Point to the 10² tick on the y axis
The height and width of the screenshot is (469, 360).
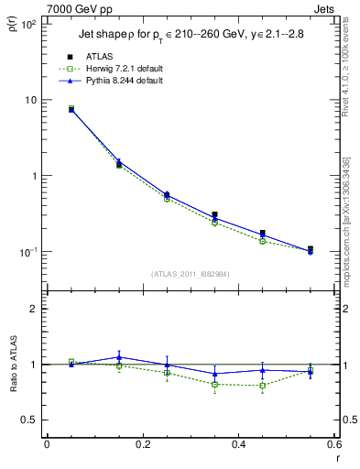(x=27, y=25)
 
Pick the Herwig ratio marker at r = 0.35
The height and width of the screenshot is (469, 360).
(x=214, y=385)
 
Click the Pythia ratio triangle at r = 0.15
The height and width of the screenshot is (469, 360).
(x=118, y=357)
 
